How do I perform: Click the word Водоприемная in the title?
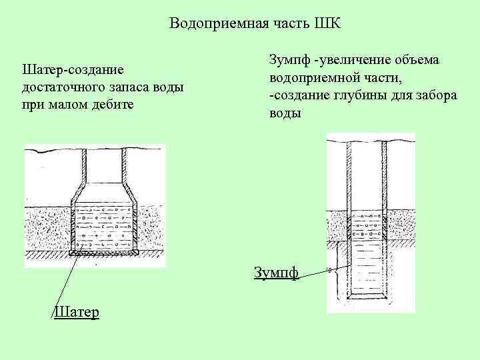[208, 24]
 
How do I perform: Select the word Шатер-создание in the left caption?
[73, 70]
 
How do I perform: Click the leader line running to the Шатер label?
[67, 280]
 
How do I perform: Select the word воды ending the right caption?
[285, 113]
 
